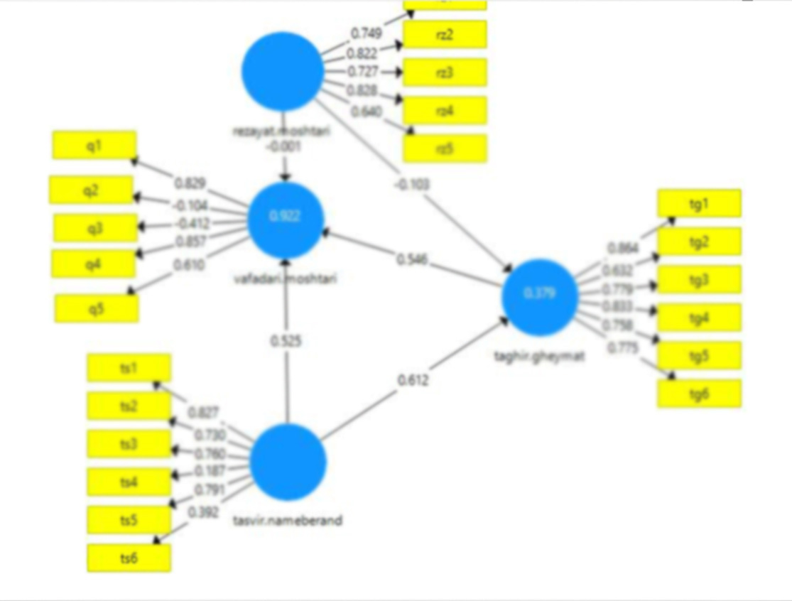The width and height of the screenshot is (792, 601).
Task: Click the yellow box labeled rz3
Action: (445, 72)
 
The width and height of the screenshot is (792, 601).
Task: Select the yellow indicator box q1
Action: (94, 145)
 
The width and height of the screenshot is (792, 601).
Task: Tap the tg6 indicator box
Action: (699, 394)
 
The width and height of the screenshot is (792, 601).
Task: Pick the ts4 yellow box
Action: (129, 482)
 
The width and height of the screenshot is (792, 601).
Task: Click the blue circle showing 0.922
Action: (286, 218)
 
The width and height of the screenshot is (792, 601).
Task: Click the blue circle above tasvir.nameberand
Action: (288, 462)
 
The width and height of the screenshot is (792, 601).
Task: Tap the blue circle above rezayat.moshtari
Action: (282, 72)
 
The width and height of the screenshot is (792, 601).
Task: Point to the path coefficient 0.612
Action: (413, 381)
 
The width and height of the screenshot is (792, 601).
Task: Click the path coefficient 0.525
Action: (286, 341)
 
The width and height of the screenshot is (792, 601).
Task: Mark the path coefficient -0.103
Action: (413, 184)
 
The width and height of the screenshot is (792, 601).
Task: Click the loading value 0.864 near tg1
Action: (623, 248)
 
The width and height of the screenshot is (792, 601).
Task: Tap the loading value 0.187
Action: (209, 470)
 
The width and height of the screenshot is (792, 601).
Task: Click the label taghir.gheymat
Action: (540, 357)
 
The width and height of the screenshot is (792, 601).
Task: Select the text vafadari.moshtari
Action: (286, 278)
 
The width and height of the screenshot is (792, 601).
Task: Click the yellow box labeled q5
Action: (97, 308)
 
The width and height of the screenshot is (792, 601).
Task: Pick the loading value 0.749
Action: (367, 33)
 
